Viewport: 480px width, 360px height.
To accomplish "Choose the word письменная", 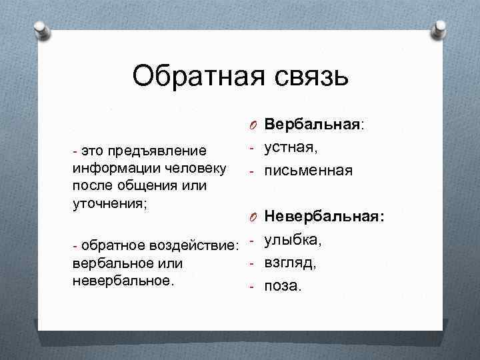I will [x=308, y=171].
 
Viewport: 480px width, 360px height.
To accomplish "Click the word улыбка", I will [x=293, y=239].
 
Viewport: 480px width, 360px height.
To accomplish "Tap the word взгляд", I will [x=291, y=262].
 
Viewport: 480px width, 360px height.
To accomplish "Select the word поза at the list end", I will [x=283, y=287].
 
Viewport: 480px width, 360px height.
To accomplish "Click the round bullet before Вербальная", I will [x=254, y=125].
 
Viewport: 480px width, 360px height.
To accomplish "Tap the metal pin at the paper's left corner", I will [x=41, y=29].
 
